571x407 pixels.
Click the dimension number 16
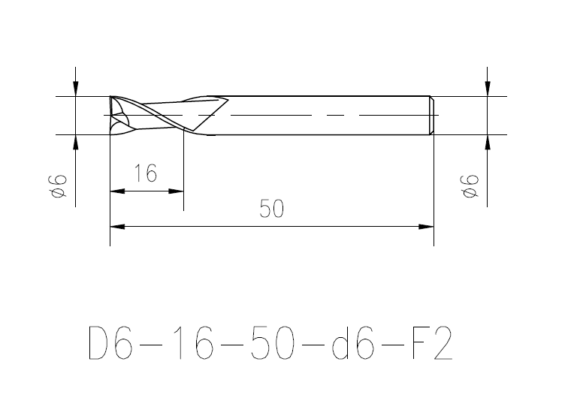(146, 173)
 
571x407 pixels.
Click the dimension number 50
(271, 209)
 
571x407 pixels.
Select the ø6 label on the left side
(58, 186)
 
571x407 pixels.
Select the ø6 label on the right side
(470, 186)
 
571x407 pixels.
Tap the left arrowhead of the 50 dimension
(117, 227)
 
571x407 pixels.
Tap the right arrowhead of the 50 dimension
(427, 227)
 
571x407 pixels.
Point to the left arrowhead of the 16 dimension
(117, 191)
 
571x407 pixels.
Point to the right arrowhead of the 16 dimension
(177, 191)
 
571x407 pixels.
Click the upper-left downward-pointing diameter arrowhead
(75, 89)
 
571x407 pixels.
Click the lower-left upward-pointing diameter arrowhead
(75, 143)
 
